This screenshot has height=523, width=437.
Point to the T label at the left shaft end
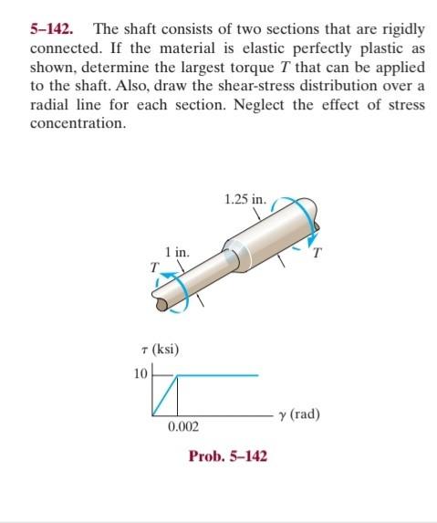click(x=155, y=267)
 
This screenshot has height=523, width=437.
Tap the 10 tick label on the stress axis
click(x=140, y=374)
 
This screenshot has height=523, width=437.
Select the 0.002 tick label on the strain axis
click(x=182, y=426)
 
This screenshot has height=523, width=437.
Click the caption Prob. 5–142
click(x=228, y=455)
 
